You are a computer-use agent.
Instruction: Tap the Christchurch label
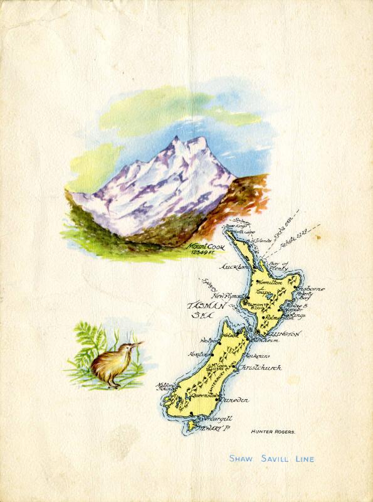257,368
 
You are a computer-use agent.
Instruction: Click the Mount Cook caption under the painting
202,247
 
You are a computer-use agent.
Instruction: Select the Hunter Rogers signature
273,432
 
